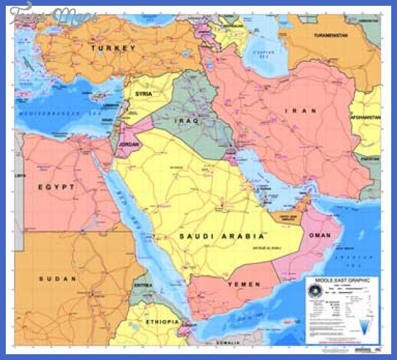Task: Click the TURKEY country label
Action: tap(113, 48)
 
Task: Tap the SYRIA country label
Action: tap(143, 94)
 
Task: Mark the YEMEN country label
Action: tap(243, 284)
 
